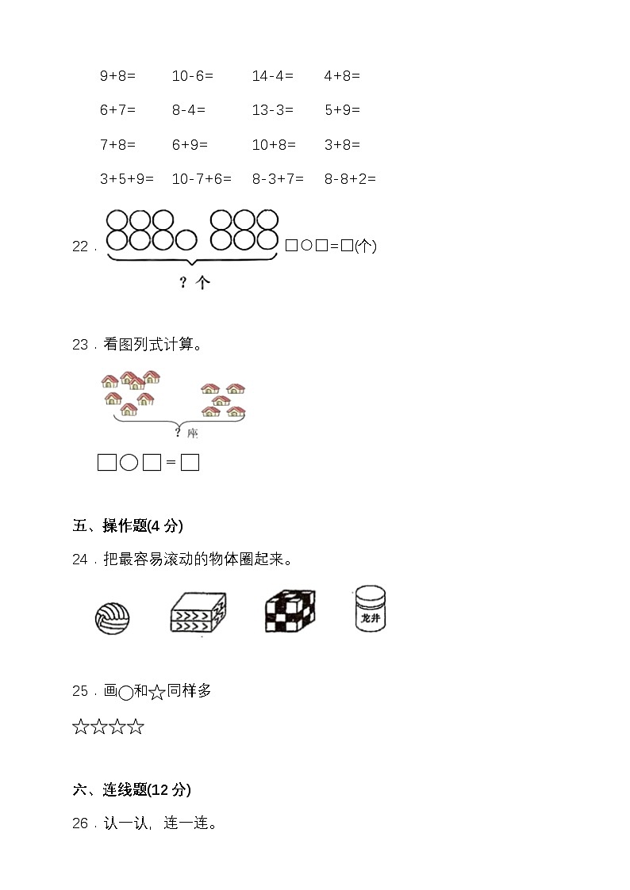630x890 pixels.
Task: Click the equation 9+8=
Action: click(x=117, y=75)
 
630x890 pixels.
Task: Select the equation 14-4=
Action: click(x=273, y=75)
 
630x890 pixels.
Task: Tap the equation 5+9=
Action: click(x=342, y=109)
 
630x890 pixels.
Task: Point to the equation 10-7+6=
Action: click(x=202, y=179)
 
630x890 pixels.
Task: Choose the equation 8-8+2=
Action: click(x=350, y=179)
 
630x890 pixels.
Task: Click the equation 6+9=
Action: click(x=190, y=145)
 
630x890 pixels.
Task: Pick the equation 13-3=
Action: click(x=273, y=109)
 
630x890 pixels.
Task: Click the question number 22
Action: click(x=80, y=246)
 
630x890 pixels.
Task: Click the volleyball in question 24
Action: click(x=113, y=618)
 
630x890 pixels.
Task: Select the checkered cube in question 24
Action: click(x=290, y=611)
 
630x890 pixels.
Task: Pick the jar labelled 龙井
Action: click(x=370, y=609)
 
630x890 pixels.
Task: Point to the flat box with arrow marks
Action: click(x=198, y=613)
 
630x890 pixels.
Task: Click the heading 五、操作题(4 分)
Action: click(x=128, y=525)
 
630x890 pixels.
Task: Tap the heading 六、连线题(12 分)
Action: click(x=132, y=789)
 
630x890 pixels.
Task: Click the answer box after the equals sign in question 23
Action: click(x=190, y=463)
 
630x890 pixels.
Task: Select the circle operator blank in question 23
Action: click(x=129, y=463)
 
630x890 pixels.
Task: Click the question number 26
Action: click(x=80, y=823)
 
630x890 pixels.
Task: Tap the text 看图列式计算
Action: click(x=149, y=344)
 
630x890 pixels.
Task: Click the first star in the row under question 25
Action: click(x=81, y=727)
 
